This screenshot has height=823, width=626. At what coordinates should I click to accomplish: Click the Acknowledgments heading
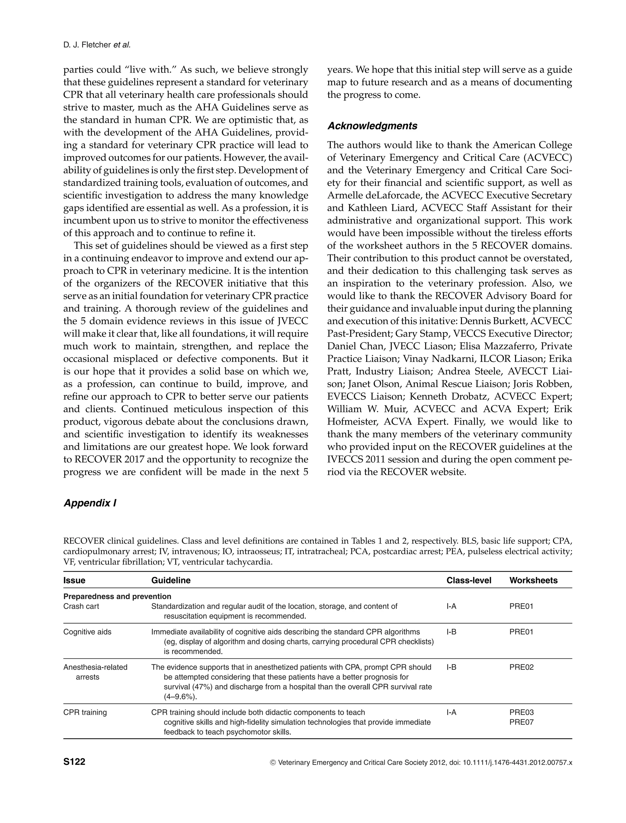tap(372, 126)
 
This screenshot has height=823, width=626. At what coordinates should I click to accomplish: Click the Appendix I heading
tap(90, 503)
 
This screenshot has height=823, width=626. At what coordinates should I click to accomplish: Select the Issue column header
tap(74, 580)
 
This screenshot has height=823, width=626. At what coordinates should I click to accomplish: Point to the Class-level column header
tap(469, 580)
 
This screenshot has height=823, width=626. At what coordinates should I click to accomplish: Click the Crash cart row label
tap(81, 606)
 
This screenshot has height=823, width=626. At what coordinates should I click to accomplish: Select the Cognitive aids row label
tap(87, 632)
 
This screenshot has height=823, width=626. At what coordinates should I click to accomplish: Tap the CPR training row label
tap(85, 713)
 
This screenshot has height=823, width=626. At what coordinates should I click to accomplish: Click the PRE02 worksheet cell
tap(521, 667)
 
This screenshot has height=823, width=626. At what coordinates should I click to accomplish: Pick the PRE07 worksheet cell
tap(521, 722)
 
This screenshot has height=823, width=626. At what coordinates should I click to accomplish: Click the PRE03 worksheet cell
tap(521, 713)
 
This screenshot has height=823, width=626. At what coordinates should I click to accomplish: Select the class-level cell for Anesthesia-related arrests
tap(451, 667)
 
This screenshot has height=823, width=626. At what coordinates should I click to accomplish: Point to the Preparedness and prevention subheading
tap(117, 596)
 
